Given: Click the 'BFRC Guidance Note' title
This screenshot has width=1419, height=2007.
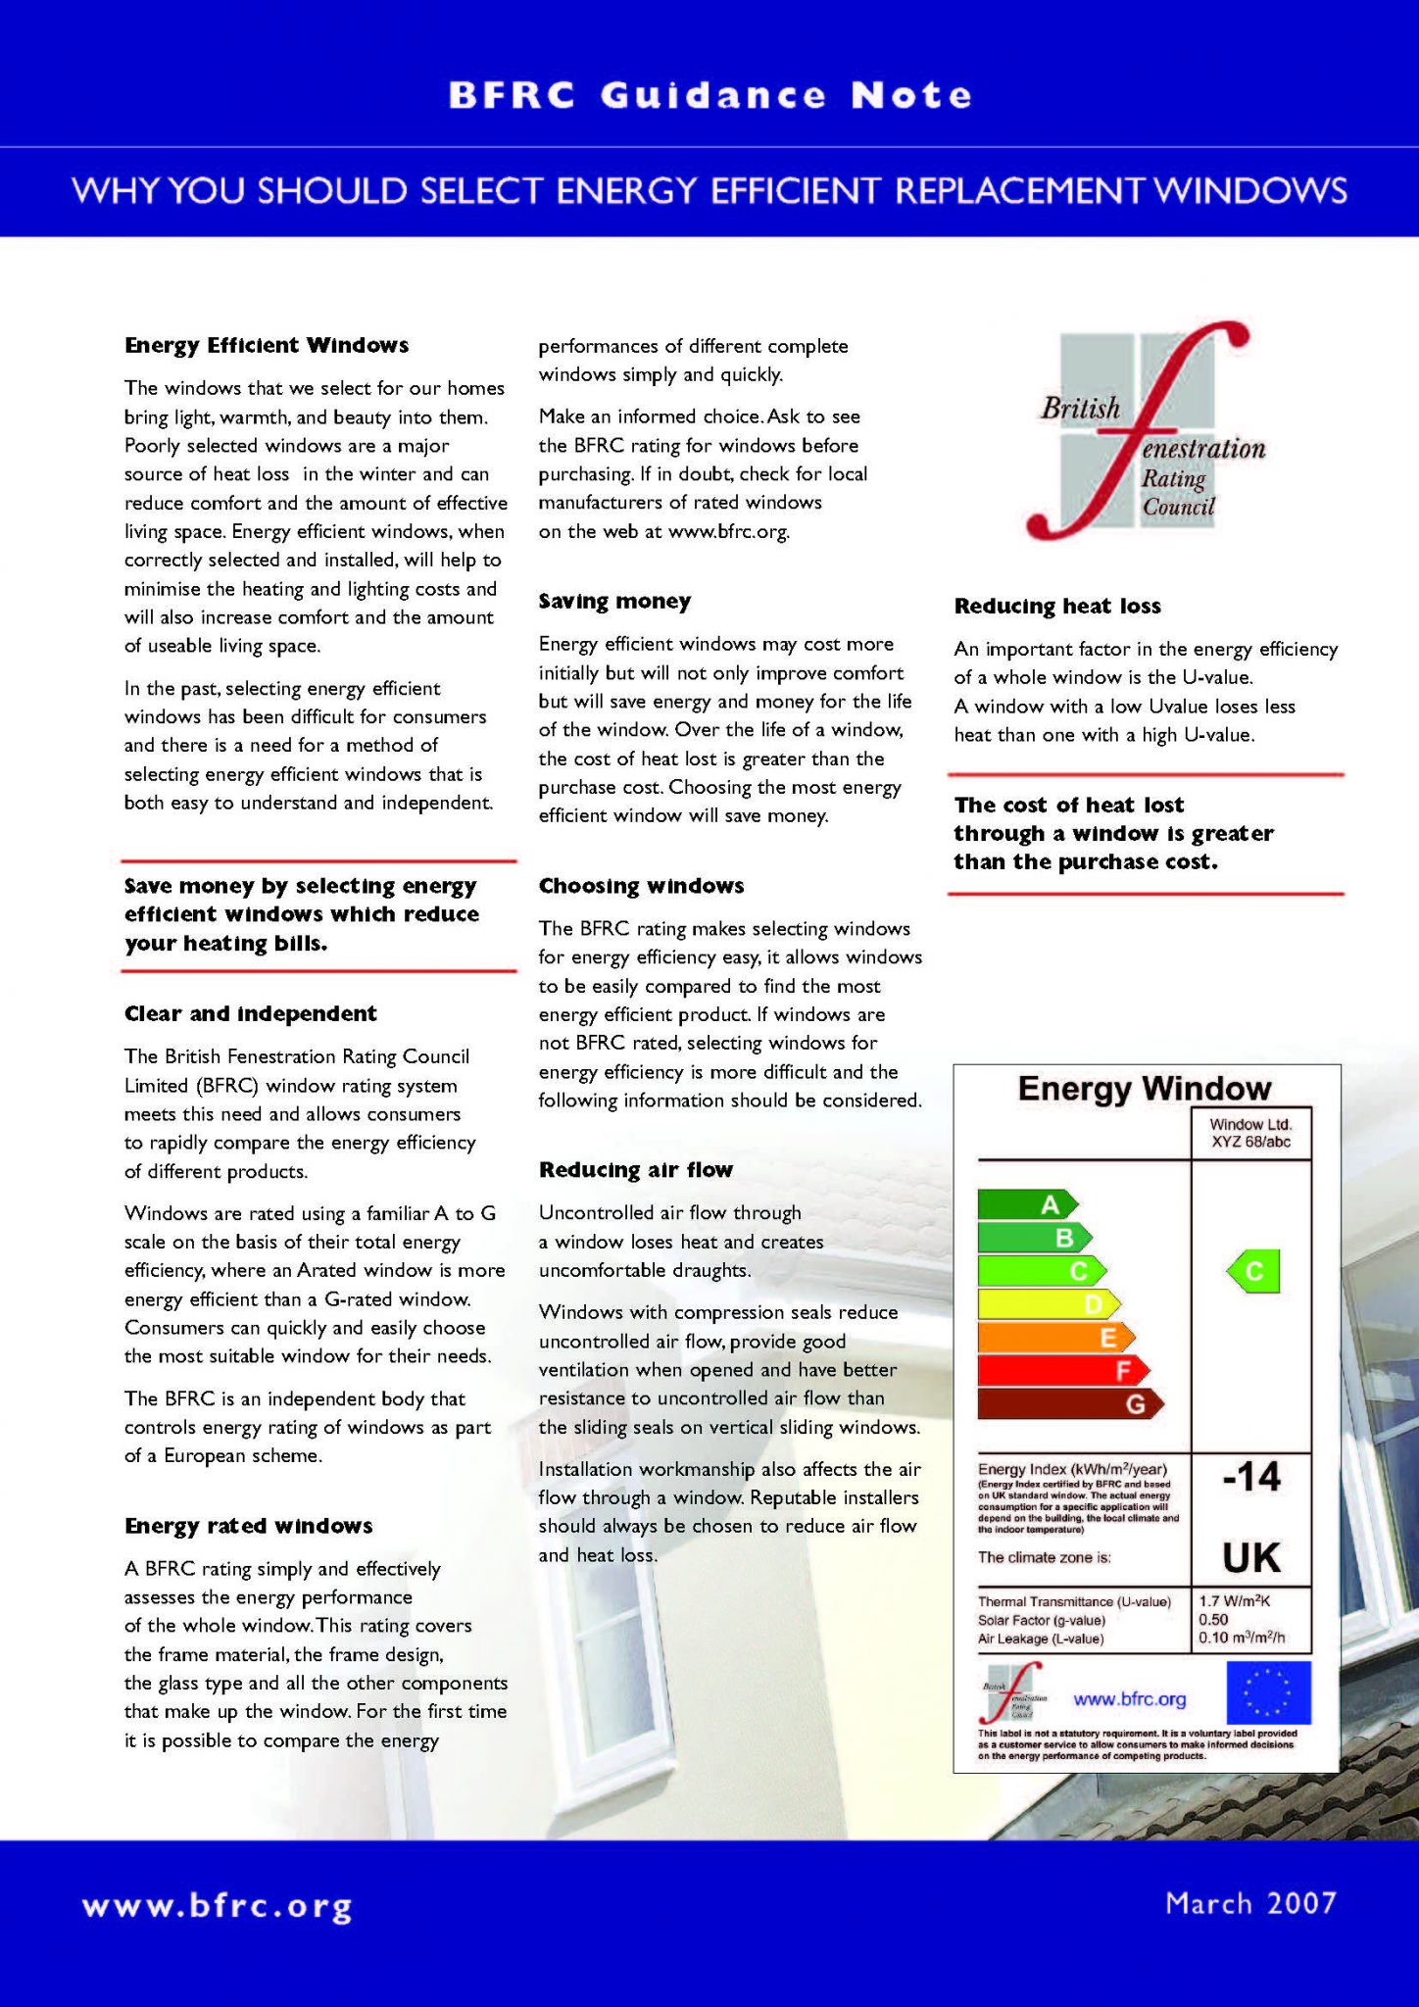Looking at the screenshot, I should pos(709,95).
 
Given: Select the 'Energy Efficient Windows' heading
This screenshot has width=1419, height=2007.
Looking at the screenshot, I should pos(267,345).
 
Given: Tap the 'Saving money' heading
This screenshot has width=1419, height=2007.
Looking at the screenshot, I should pos(614,601).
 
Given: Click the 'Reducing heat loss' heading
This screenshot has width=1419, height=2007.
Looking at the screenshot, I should pos(1057,606).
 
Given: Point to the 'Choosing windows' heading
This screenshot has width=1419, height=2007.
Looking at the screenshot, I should pos(641,886).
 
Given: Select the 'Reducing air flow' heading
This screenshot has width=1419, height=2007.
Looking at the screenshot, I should pos(636,1169).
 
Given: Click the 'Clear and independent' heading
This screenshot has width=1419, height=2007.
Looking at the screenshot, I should pos(250,1013).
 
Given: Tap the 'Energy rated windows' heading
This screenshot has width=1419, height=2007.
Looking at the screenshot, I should pos(248,1526).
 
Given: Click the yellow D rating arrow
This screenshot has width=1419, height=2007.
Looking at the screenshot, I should pos(1049,1303).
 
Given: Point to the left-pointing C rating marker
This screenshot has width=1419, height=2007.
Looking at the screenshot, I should pos(1253,1272).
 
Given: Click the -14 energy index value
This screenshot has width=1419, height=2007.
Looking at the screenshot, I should pos(1251,1476).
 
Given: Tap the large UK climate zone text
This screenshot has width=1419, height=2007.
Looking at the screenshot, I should pos(1251,1556).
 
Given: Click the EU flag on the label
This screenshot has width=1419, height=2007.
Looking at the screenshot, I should pos(1268,1692).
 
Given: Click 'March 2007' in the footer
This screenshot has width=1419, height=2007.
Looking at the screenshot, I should pos(1250,1903).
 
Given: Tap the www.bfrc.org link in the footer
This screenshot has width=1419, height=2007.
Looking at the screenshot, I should pos(217,1907).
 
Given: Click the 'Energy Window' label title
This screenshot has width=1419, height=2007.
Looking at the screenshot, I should pos(1144,1088).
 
